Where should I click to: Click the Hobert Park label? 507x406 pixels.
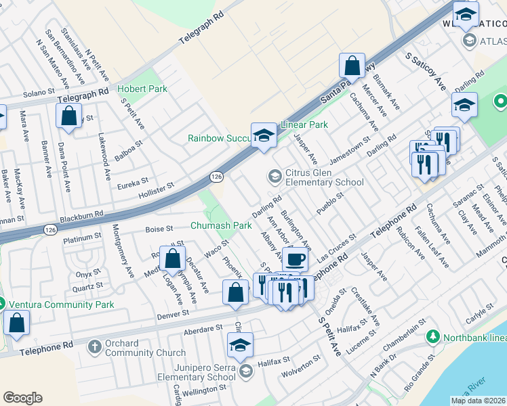tap(142, 89)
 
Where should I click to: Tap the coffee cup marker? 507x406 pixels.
tap(295, 259)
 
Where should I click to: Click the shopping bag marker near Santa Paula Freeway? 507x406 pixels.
tap(352, 66)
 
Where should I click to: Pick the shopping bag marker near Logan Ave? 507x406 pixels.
tap(173, 258)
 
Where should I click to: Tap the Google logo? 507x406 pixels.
tap(22, 398)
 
